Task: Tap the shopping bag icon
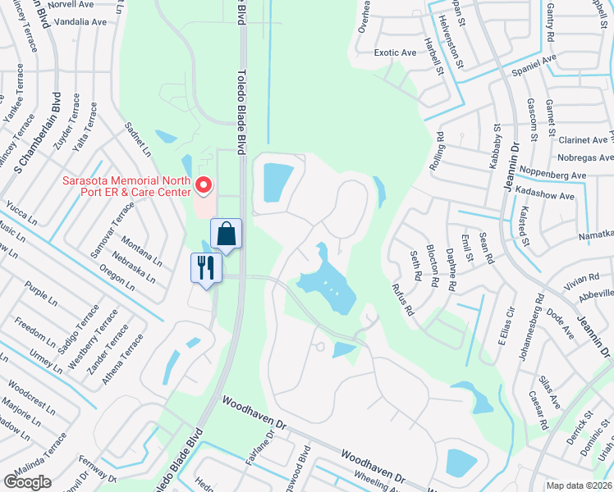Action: point(226,234)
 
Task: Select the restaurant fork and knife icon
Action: point(205,267)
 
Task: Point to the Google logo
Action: point(27,483)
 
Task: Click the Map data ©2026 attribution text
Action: point(580,485)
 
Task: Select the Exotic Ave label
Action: point(395,52)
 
